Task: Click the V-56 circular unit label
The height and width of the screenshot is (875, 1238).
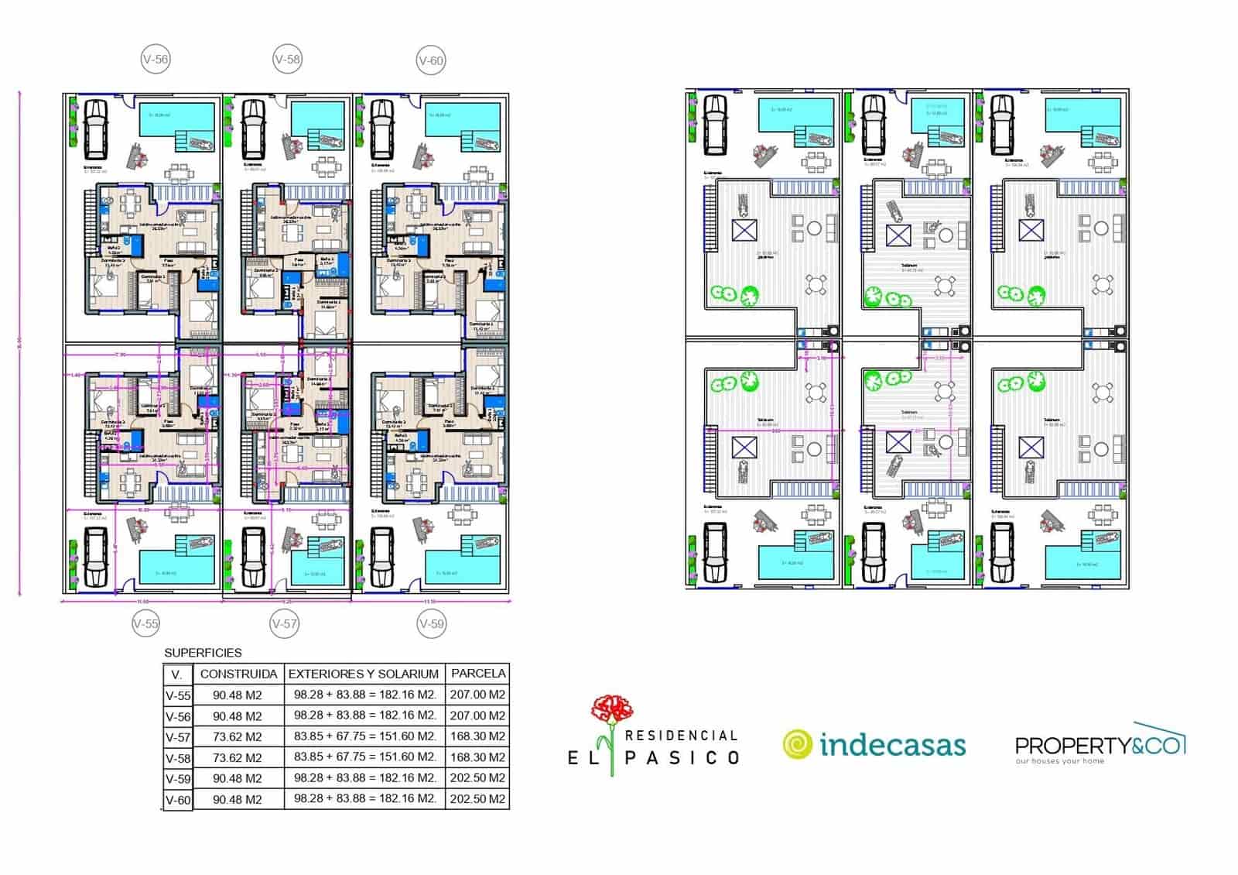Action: (x=156, y=60)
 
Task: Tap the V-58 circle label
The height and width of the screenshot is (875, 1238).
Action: (x=287, y=59)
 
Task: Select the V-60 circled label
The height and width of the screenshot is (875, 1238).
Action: (x=431, y=60)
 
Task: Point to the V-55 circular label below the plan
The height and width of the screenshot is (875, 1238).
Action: (x=145, y=623)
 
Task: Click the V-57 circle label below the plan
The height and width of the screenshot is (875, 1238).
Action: (x=285, y=623)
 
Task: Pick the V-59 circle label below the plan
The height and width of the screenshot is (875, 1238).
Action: (x=431, y=623)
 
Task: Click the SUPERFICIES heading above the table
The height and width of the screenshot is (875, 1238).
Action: (x=203, y=653)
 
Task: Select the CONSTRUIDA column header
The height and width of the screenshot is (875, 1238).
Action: (x=238, y=674)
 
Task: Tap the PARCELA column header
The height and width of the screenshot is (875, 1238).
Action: (x=478, y=673)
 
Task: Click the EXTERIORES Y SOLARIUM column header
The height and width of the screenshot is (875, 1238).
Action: (x=364, y=674)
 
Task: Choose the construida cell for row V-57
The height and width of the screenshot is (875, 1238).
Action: (x=238, y=736)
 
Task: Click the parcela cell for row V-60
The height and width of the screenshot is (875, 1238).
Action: (x=477, y=798)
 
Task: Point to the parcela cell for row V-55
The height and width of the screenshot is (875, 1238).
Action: (x=477, y=695)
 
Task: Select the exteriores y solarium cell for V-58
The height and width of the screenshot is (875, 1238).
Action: (x=364, y=757)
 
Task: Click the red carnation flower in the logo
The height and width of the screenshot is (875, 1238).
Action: (x=612, y=709)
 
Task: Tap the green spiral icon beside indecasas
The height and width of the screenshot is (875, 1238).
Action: (x=797, y=744)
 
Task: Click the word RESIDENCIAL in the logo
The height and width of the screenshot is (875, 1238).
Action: (x=681, y=735)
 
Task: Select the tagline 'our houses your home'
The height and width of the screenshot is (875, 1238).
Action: (x=1060, y=761)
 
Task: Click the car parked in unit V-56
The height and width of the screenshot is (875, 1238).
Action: (x=96, y=129)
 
